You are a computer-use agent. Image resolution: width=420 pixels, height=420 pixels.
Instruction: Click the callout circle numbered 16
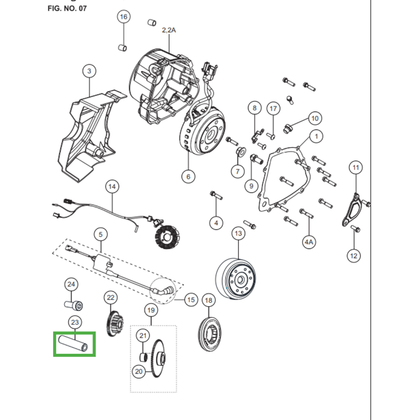(x=123, y=17)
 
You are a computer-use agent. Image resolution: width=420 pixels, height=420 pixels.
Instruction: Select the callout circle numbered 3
(x=89, y=71)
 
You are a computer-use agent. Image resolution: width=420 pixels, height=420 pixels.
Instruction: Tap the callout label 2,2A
(x=169, y=30)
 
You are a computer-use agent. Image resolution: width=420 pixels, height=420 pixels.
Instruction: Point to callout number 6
(x=188, y=176)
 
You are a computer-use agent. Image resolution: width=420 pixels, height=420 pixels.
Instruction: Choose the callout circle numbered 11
(x=356, y=168)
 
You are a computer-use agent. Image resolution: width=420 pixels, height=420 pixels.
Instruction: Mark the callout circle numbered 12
(x=353, y=256)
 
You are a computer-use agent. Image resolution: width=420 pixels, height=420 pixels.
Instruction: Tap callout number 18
(x=209, y=300)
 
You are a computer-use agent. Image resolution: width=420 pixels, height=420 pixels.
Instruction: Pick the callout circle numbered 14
(x=111, y=186)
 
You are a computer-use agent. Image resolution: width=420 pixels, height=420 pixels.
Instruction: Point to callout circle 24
(x=71, y=285)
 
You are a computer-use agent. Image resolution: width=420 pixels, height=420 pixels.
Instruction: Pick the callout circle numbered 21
(x=143, y=335)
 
